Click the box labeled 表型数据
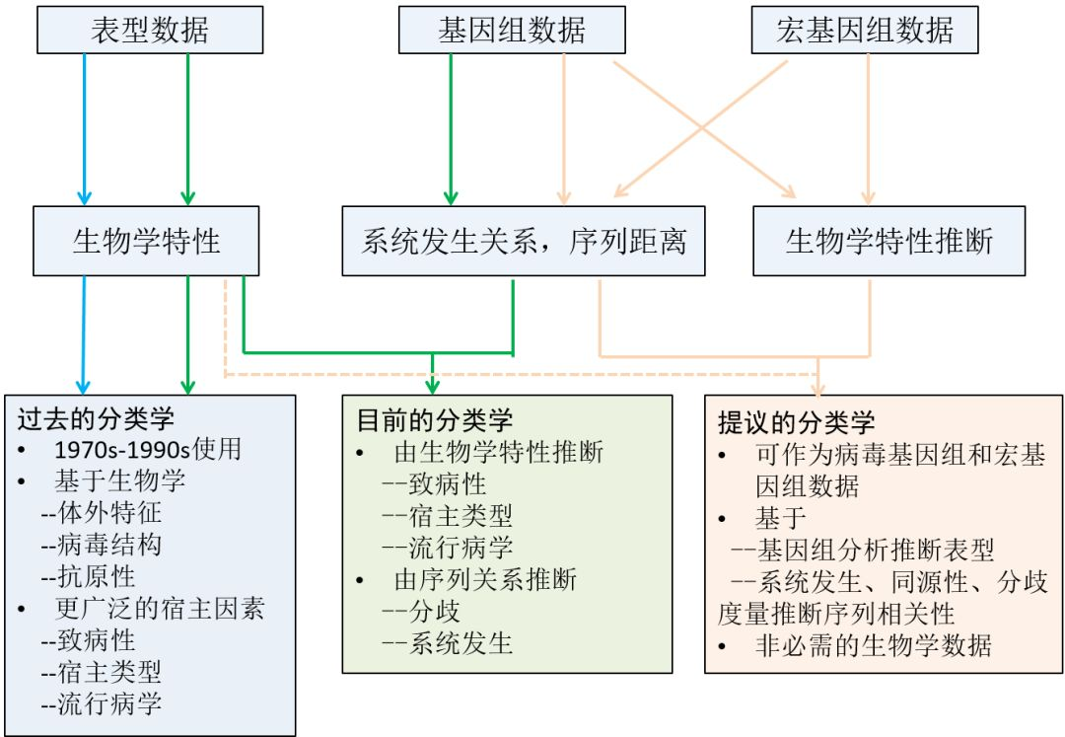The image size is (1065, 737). (x=150, y=31)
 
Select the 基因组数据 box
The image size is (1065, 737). (x=511, y=31)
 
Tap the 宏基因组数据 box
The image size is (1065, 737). (x=865, y=31)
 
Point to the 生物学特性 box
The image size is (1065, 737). (x=146, y=241)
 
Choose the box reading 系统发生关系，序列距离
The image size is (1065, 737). (x=524, y=241)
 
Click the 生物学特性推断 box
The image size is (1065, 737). (x=888, y=241)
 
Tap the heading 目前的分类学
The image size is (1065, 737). (x=434, y=419)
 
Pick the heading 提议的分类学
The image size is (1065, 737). (x=796, y=423)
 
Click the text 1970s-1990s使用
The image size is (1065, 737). (x=148, y=449)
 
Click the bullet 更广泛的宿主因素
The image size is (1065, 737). (x=159, y=608)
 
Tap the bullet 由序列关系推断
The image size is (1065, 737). (x=485, y=578)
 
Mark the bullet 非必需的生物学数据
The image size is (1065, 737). (x=873, y=645)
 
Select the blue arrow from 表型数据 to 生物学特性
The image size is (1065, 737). (x=85, y=128)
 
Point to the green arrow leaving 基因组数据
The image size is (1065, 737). (x=451, y=128)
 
